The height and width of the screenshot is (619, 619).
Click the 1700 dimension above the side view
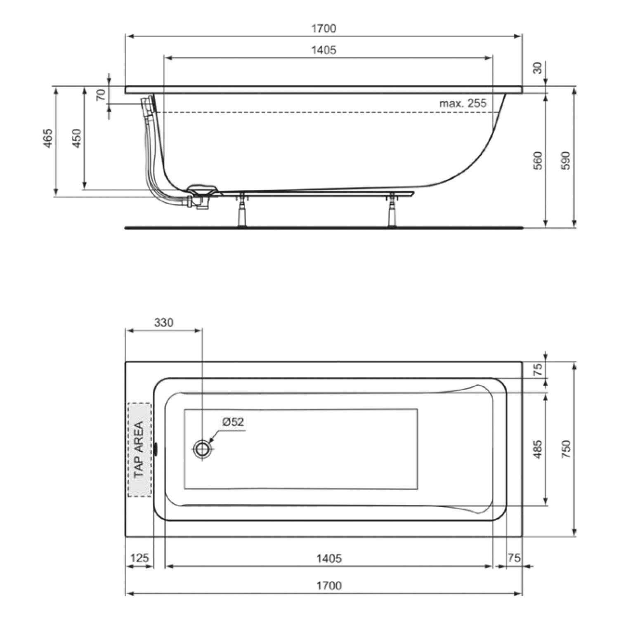point(324,28)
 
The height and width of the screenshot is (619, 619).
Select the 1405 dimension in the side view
point(324,50)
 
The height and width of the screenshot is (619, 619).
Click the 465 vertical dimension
point(48,138)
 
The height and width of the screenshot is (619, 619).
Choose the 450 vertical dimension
point(77,138)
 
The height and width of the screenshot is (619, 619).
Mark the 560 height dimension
point(537,161)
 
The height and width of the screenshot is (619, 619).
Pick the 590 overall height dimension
point(566,161)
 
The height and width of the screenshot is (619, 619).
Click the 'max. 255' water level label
point(463,103)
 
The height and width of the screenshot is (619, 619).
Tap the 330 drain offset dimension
point(164,322)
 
